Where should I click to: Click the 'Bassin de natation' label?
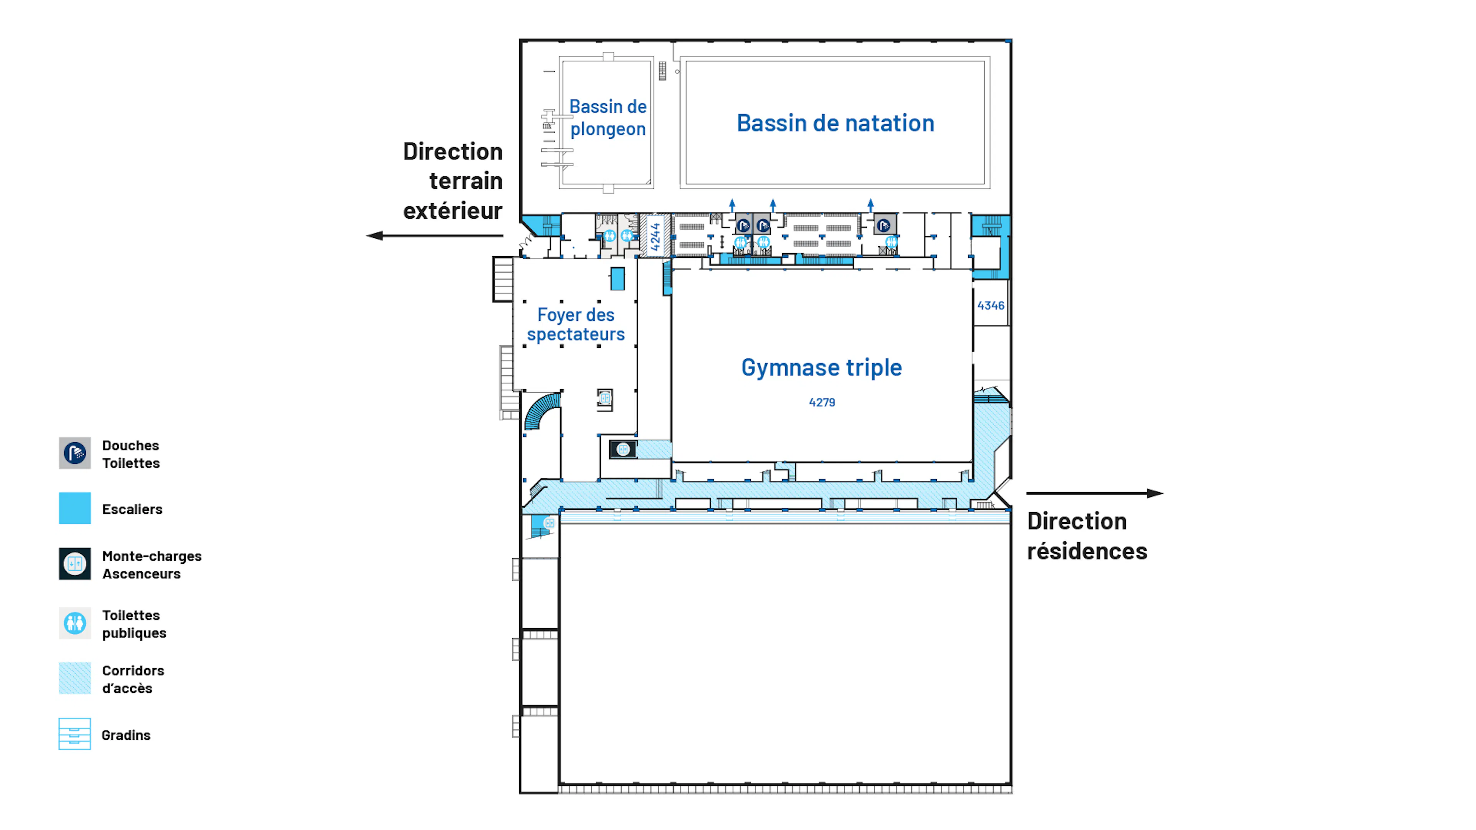[x=835, y=123]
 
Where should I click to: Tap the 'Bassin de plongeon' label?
[x=608, y=118]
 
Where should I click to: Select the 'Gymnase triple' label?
[x=822, y=368]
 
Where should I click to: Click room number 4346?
[x=991, y=306]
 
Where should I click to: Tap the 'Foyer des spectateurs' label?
[x=576, y=325]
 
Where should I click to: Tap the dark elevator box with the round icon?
[x=623, y=450]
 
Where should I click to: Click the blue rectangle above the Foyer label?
[x=617, y=279]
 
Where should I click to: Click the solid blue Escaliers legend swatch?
[x=75, y=508]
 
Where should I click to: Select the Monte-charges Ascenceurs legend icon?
[x=75, y=564]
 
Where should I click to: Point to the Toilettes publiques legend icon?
[x=75, y=623]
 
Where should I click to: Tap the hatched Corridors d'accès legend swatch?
[x=75, y=678]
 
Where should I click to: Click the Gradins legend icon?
[x=75, y=734]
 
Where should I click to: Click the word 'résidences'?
[x=1087, y=551]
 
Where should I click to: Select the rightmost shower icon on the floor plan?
[x=884, y=225]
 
